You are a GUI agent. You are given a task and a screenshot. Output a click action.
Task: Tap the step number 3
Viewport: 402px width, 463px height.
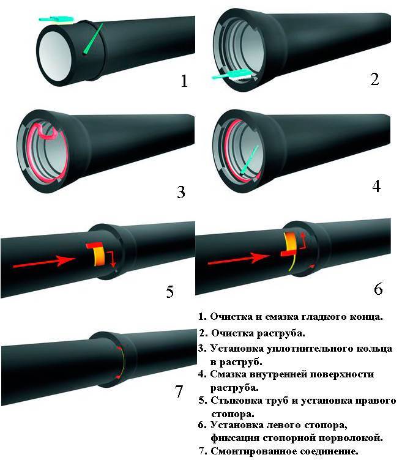(181, 192)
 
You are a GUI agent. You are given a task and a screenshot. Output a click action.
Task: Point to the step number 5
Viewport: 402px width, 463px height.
(171, 291)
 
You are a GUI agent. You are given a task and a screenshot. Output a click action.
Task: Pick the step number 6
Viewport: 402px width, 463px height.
(378, 287)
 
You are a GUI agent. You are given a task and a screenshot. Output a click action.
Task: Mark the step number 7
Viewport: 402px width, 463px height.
(179, 391)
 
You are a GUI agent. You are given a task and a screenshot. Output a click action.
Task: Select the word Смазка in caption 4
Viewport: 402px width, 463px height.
(230, 374)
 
